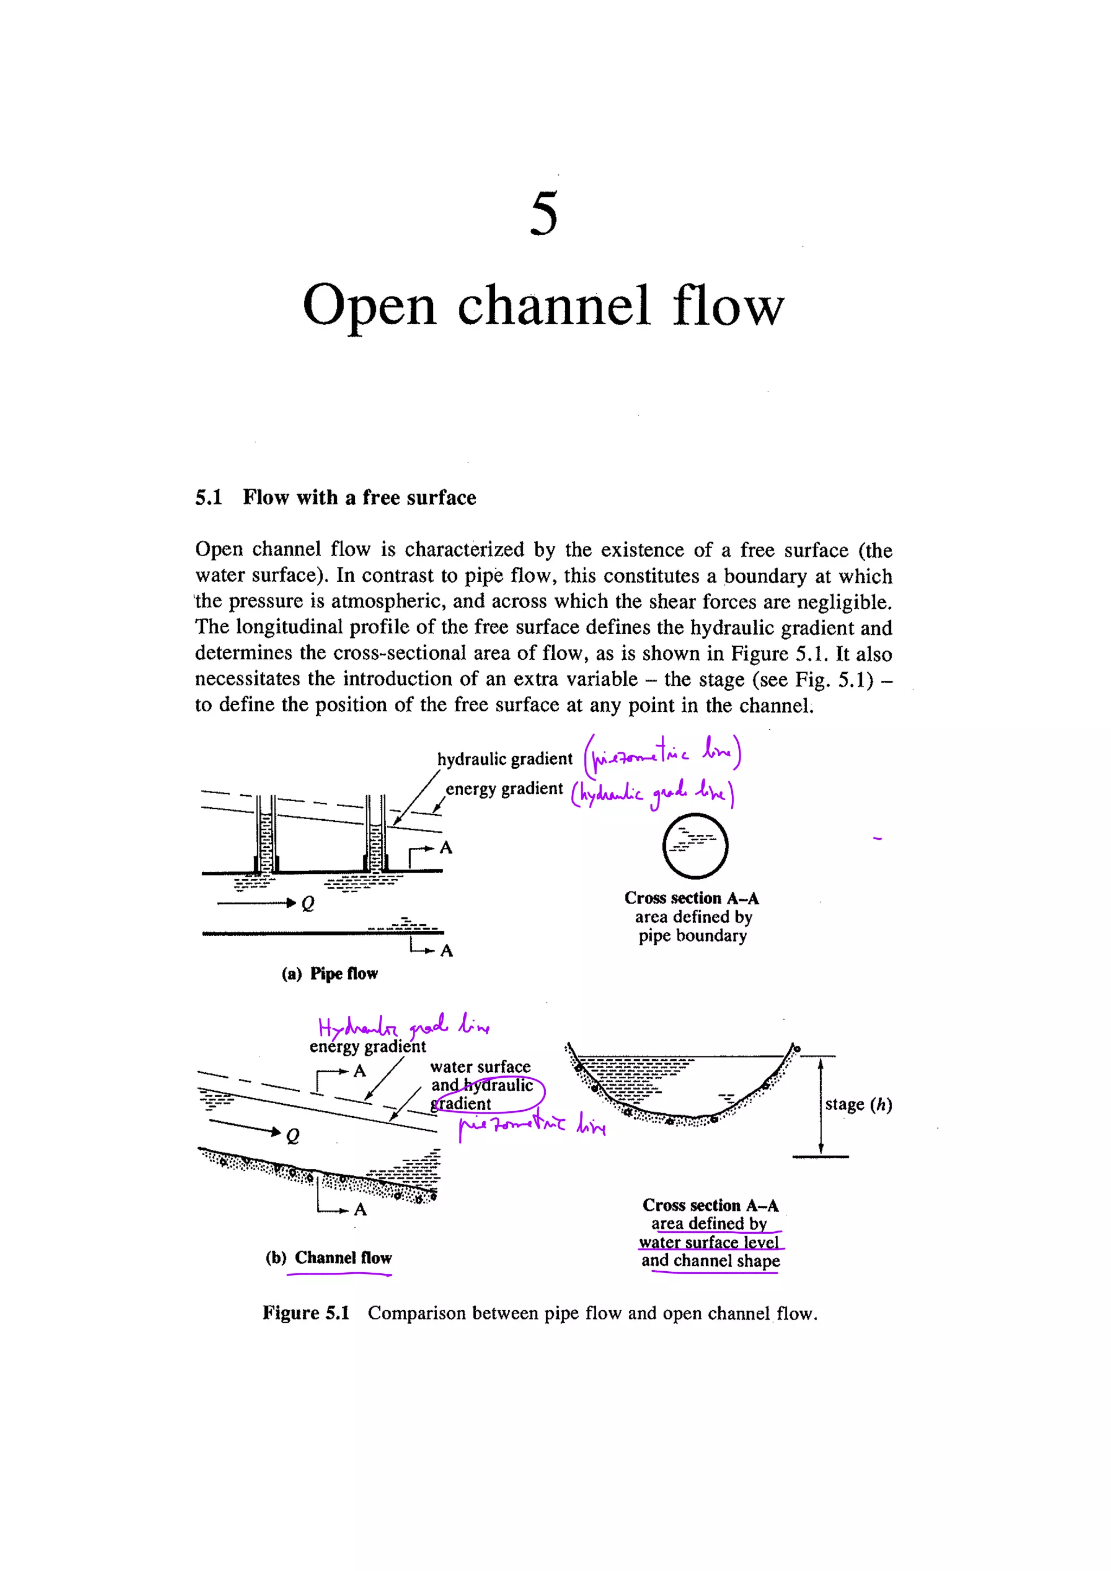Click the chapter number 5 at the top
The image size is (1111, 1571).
click(x=544, y=214)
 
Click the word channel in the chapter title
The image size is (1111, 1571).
click(x=553, y=305)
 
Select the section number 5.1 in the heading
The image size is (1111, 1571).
click(x=208, y=498)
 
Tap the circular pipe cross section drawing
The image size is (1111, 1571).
click(x=695, y=846)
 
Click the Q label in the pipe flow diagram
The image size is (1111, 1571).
click(x=308, y=904)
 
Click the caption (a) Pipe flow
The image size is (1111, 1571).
click(x=329, y=974)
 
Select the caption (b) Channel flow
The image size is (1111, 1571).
click(x=329, y=1258)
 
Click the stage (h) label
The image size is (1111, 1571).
click(x=858, y=1104)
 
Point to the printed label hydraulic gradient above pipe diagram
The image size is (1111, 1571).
click(x=505, y=759)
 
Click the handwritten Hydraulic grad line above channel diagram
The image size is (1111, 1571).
click(x=403, y=1026)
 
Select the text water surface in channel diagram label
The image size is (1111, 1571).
click(x=480, y=1067)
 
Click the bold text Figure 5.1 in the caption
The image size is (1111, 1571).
click(x=306, y=1313)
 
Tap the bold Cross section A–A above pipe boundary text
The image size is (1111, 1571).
click(x=691, y=898)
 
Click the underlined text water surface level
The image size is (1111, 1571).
click(x=708, y=1242)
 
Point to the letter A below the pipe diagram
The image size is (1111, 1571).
click(x=446, y=951)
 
